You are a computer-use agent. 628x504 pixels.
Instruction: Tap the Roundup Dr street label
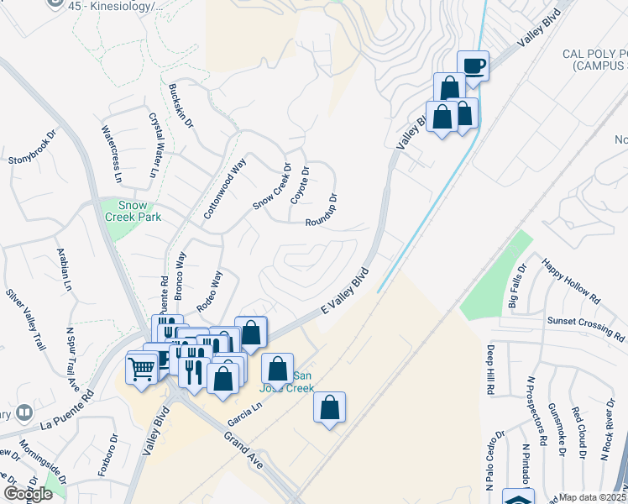[322, 211]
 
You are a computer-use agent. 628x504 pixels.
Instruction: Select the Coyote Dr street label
[300, 185]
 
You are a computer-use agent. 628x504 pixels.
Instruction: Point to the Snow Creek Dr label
[272, 187]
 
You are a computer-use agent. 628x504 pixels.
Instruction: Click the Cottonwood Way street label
[224, 188]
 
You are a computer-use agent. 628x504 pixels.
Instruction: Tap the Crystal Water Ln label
[154, 144]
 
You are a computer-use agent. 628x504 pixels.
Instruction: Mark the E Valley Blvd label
[346, 291]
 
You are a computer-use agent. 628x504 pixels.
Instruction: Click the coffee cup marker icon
[474, 66]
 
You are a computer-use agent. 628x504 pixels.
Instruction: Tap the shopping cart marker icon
[141, 366]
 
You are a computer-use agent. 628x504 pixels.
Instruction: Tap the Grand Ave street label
[244, 450]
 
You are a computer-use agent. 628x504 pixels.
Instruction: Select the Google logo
[29, 494]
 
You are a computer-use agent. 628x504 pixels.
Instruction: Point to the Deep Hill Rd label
[489, 370]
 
